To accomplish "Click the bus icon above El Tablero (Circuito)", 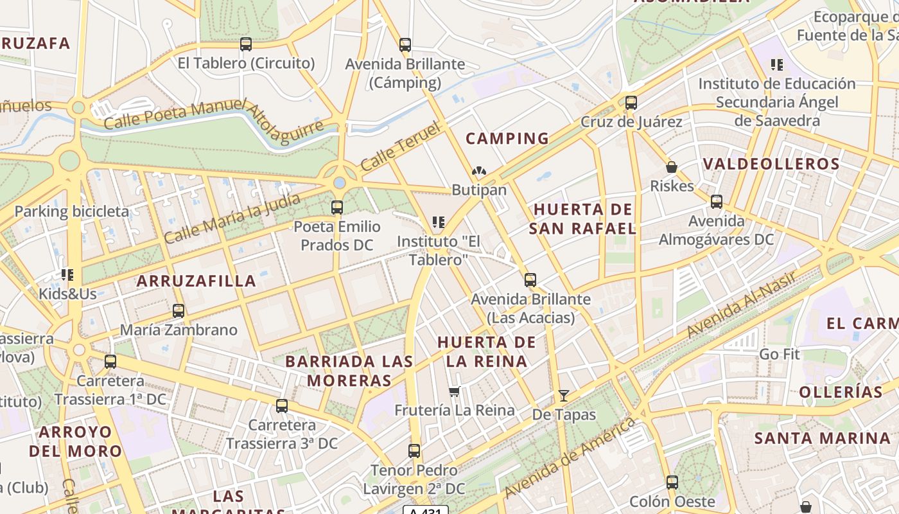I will click(x=246, y=44).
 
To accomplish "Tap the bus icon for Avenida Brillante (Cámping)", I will click(x=405, y=45).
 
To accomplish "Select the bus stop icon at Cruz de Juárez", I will click(x=631, y=103).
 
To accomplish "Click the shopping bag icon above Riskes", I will click(x=672, y=167).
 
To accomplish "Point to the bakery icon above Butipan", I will click(x=479, y=172).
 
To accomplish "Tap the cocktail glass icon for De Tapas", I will click(x=564, y=396).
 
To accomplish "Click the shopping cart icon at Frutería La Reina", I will click(x=455, y=391).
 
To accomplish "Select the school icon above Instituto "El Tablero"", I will click(x=439, y=222).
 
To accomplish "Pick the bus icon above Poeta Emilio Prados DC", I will click(x=337, y=208).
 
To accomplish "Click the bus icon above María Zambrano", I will click(x=179, y=311).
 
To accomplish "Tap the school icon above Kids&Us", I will click(x=67, y=275).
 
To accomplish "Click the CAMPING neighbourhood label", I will click(x=507, y=138).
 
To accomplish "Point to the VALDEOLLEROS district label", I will click(x=771, y=164).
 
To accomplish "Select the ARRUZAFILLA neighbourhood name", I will click(x=196, y=281).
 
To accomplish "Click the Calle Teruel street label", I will click(x=402, y=146).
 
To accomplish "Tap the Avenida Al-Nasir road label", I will click(x=742, y=305).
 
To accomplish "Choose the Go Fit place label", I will click(x=780, y=354).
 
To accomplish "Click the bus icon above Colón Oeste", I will click(x=672, y=482).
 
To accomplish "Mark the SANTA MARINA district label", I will click(x=823, y=439).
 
